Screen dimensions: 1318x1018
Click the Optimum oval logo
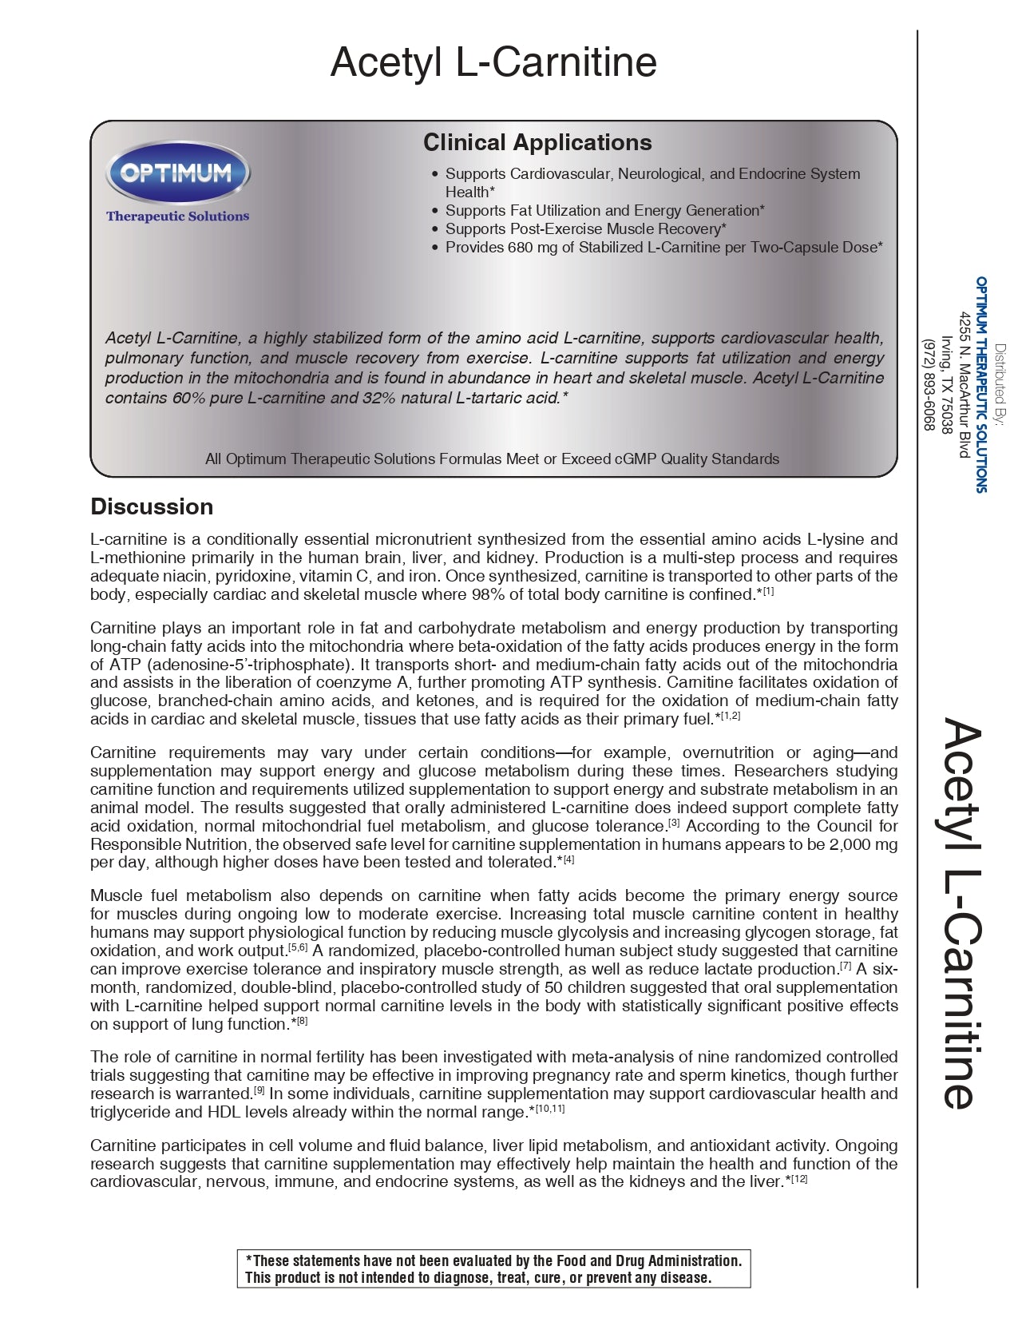178,172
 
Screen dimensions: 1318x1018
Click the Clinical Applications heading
537,142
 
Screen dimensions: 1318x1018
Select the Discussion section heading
152,506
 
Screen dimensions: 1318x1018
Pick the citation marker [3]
674,822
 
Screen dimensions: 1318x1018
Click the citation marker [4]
568,859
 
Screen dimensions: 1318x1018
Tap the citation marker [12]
798,1178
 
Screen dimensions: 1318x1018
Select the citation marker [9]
259,1090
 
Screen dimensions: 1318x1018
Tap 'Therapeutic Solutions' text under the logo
177,216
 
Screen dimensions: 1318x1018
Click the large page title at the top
493,62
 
